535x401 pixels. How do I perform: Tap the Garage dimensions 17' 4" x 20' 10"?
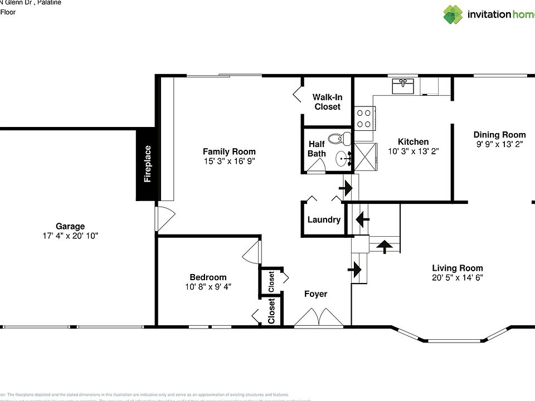click(70, 236)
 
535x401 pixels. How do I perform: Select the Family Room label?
click(229, 151)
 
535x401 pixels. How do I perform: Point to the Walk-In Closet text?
click(327, 102)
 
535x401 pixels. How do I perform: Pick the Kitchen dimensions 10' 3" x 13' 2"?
click(413, 151)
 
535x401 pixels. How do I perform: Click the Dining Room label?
click(499, 135)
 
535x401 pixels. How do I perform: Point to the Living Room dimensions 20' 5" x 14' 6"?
click(458, 277)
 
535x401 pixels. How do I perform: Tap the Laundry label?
click(324, 219)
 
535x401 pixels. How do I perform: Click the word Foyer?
click(315, 294)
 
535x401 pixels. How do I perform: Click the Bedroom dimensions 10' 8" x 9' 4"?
click(208, 286)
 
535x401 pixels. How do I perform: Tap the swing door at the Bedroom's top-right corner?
click(252, 252)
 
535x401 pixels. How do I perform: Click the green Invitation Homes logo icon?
click(453, 14)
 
